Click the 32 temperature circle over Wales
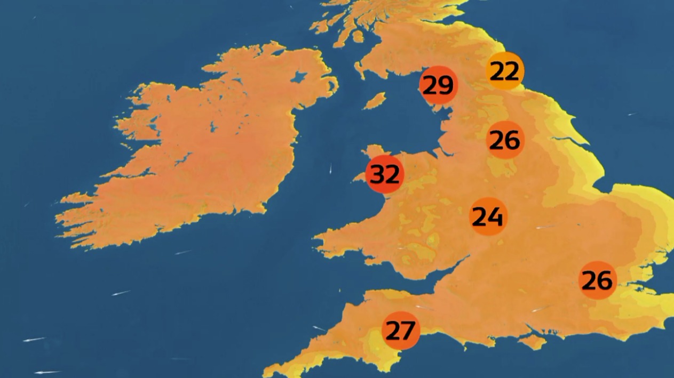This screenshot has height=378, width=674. click(x=384, y=174)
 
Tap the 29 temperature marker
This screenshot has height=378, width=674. click(x=438, y=85)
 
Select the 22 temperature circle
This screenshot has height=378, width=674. click(x=505, y=71)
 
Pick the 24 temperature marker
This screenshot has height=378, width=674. click(x=488, y=216)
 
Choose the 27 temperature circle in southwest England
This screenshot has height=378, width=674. click(x=400, y=331)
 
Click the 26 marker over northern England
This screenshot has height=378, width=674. click(x=505, y=140)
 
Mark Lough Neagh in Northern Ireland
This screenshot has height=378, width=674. click(x=299, y=77)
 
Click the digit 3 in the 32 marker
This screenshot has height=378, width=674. click(x=378, y=174)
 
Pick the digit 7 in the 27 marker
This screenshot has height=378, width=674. click(x=407, y=331)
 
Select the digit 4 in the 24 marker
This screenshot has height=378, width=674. click(x=495, y=216)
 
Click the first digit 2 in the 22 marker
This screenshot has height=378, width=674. click(x=497, y=71)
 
